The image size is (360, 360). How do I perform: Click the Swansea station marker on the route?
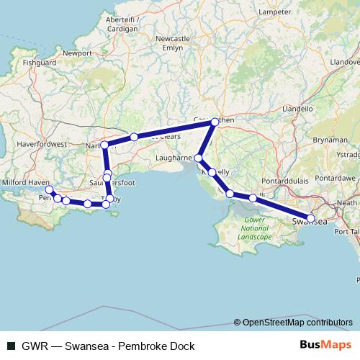311,218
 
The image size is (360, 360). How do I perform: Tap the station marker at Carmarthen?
213,123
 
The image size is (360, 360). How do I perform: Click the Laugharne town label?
174,156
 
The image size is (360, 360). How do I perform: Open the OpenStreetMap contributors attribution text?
297,323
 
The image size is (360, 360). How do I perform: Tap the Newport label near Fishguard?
77,53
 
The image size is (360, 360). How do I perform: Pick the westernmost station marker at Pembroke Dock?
49,190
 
